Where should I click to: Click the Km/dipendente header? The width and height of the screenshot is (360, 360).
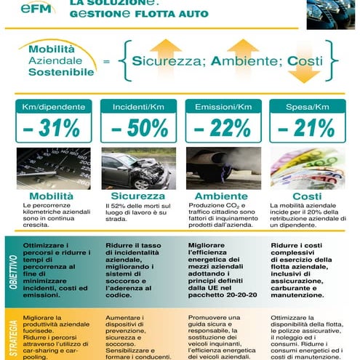click(52, 107)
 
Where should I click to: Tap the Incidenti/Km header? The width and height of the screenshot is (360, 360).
click(137, 107)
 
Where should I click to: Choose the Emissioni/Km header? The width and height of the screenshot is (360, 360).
click(220, 107)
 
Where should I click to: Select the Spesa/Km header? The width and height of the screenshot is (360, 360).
click(303, 107)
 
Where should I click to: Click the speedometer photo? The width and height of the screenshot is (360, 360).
click(53, 168)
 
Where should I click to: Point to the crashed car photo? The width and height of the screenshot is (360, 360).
click(137, 168)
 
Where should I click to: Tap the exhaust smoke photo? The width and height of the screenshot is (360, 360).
click(220, 168)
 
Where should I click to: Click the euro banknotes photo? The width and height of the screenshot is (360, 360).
click(304, 168)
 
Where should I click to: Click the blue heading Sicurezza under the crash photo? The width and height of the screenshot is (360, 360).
click(137, 196)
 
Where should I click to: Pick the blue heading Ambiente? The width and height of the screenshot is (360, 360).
click(219, 196)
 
